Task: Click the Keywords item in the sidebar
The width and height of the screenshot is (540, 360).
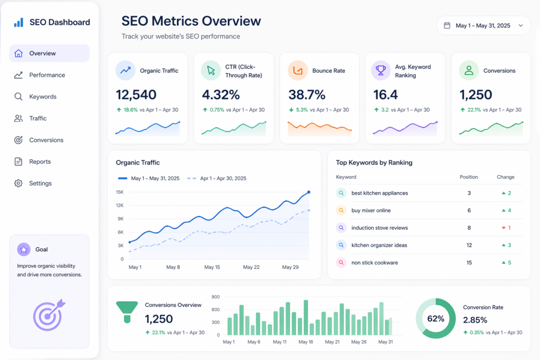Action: coord(43,96)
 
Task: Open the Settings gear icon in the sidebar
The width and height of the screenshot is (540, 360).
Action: coord(18,183)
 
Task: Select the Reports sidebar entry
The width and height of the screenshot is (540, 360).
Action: coord(40,162)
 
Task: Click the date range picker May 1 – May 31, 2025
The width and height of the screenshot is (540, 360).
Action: coord(483,25)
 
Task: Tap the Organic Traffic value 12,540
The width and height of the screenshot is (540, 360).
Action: coord(136,95)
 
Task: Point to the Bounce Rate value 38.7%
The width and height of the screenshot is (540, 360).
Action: coord(306,95)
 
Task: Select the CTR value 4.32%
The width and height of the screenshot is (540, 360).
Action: coord(221,95)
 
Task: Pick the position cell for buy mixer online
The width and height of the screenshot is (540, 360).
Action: coord(469,210)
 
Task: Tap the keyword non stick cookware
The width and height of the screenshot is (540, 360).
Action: coord(374,262)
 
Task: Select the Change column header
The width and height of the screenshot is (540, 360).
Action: coord(505,177)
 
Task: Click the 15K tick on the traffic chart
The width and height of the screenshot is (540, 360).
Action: coord(120,192)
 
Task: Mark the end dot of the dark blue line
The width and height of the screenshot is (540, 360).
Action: coord(308,192)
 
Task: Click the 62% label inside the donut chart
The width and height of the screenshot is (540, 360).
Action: coord(436,318)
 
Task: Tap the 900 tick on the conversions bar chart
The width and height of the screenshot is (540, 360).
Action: coord(215,297)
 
